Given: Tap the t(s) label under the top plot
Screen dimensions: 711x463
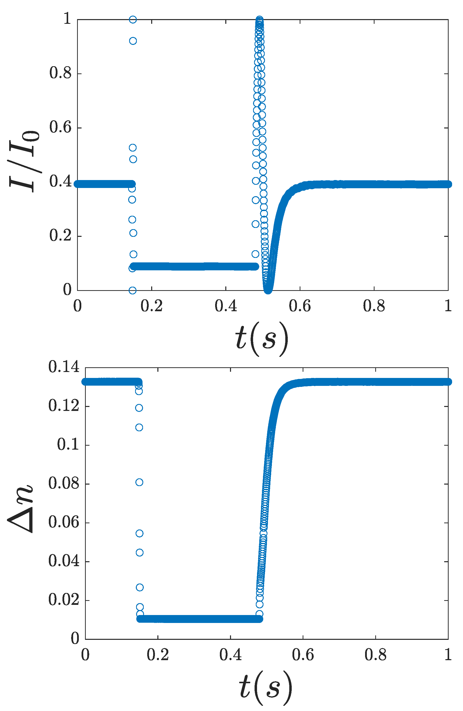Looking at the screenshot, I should [262, 339].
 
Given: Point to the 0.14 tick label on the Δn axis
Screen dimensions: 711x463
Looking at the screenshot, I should [64, 367].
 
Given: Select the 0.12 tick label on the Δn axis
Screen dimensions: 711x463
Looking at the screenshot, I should [64, 406].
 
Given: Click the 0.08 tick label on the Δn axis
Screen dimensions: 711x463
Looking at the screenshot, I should [64, 483].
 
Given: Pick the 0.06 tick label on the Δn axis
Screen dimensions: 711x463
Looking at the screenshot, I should [64, 522].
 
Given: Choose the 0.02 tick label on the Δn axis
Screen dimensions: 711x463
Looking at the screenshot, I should [64, 600].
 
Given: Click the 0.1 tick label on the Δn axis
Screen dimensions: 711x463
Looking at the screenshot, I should [68, 444].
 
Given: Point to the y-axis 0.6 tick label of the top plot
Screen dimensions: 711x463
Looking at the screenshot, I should [60, 127].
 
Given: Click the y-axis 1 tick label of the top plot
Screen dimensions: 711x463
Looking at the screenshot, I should [67, 19].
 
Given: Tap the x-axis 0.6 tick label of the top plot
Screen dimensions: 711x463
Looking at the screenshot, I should [300, 307].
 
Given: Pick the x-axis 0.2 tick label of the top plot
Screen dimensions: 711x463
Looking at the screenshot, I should [152, 307].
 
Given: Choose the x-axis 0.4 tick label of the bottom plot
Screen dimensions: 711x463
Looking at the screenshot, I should [230, 655].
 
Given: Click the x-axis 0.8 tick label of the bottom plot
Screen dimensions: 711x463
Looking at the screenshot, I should [375, 655].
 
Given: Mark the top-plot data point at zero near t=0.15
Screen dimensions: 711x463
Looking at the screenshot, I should [133, 290].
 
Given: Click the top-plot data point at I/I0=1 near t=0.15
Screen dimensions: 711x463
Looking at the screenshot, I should [133, 20].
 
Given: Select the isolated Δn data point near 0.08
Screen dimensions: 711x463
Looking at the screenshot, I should [139, 482].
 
